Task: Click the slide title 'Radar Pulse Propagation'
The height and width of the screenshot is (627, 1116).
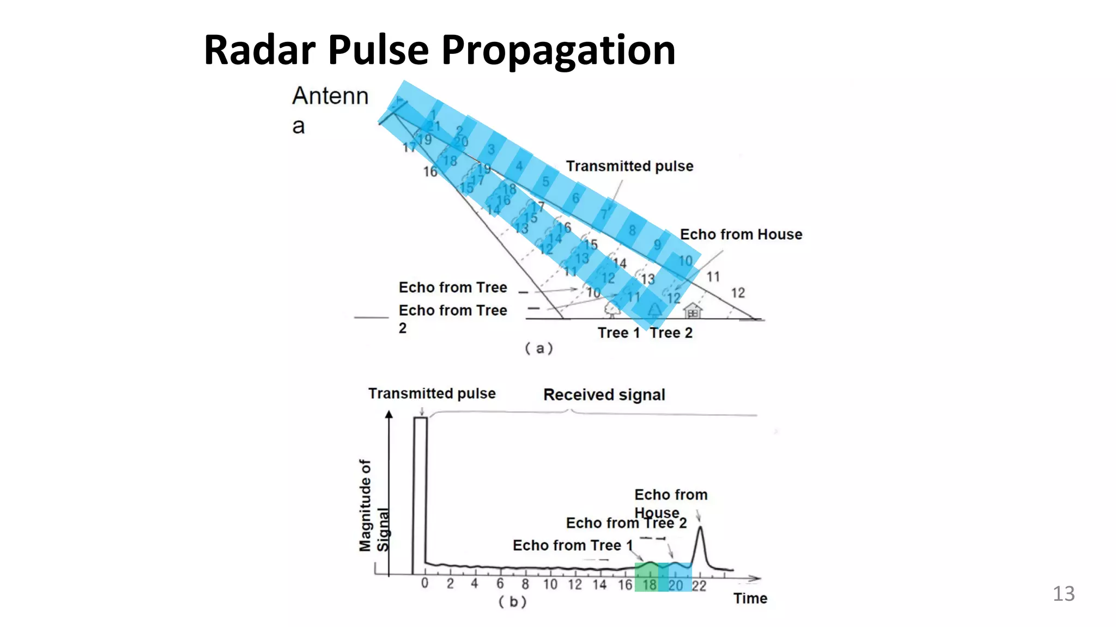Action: point(439,50)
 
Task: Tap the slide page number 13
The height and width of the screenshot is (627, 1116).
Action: point(1063,593)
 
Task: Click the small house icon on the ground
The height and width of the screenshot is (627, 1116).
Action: point(693,311)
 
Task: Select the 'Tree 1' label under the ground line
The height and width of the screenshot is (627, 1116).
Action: point(618,333)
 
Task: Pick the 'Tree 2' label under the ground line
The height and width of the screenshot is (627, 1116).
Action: point(671,333)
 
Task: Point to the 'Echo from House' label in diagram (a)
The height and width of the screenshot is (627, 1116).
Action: point(741,235)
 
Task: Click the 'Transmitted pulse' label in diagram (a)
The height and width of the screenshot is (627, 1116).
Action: point(629,166)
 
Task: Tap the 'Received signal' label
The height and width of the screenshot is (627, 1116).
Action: point(604,395)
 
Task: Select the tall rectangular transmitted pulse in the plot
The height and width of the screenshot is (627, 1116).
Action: point(420,490)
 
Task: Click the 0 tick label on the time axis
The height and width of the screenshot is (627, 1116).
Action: point(424,584)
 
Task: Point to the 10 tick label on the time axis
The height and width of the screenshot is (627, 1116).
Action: point(550,585)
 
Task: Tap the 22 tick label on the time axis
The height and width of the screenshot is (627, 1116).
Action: point(699,586)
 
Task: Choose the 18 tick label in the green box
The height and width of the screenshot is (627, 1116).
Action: point(650,585)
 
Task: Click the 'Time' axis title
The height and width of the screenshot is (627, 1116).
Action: point(750,598)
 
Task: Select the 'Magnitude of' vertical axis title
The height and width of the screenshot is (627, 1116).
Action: point(365,505)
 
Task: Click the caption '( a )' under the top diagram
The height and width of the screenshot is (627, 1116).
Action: point(538,348)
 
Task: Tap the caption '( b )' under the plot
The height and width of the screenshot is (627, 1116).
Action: point(512,601)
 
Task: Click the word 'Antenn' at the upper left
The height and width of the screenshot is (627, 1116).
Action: point(330,96)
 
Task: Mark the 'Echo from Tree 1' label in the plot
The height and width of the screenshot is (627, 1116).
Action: point(572,545)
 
